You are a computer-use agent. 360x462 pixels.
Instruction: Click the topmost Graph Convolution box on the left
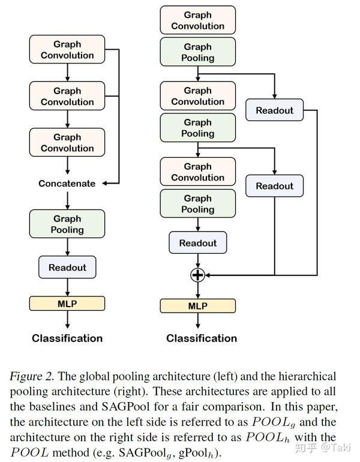[67, 50]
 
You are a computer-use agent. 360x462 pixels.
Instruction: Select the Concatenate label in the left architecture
[67, 184]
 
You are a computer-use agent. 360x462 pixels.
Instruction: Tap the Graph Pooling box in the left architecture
[67, 224]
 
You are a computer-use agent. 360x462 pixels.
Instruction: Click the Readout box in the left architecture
[67, 268]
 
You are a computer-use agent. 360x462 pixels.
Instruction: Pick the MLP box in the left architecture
[67, 303]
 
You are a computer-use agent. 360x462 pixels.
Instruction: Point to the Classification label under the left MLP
[67, 338]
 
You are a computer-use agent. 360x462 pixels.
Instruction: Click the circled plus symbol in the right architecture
[197, 275]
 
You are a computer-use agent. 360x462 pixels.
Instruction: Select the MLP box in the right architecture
[197, 306]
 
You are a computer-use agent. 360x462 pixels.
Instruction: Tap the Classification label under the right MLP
[202, 338]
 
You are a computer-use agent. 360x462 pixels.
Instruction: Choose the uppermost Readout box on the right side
[274, 110]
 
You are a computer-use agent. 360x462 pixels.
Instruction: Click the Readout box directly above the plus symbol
[197, 243]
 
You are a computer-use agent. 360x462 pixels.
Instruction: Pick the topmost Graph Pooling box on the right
[197, 52]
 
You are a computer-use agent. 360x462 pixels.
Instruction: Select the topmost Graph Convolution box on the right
[197, 20]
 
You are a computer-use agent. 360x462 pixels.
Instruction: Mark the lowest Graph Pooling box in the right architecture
[197, 204]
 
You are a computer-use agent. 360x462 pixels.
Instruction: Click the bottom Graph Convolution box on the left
[67, 143]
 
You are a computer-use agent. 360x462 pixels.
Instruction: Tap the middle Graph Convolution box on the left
[67, 97]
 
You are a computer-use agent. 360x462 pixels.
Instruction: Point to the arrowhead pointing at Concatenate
[106, 184]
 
